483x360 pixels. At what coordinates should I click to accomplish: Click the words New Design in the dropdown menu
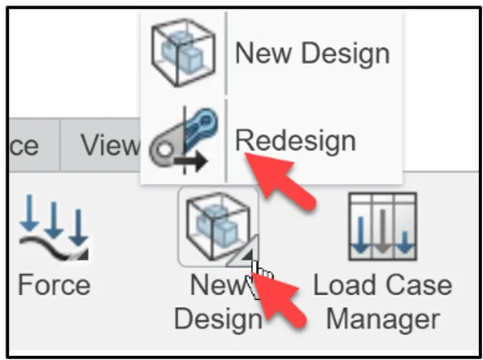[311, 54]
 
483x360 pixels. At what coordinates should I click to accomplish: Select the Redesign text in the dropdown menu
[294, 140]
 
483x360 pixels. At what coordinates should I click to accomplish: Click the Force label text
[54, 285]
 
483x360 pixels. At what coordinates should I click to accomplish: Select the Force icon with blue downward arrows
[53, 227]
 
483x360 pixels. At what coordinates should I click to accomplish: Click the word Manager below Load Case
[383, 318]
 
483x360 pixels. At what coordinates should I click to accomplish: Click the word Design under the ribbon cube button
[217, 318]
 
